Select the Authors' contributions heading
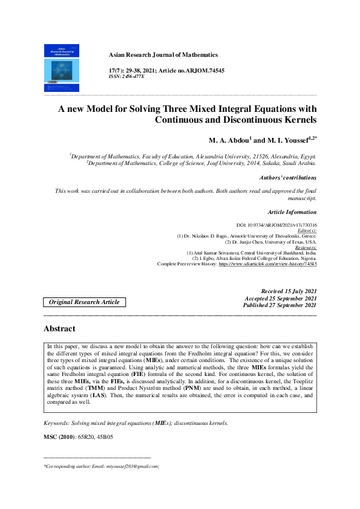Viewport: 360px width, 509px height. [x=287, y=178]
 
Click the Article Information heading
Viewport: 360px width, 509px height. [x=292, y=212]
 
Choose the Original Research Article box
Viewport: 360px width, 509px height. [x=84, y=302]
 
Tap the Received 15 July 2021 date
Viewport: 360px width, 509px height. [x=289, y=291]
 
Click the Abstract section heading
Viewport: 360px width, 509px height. [x=59, y=329]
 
